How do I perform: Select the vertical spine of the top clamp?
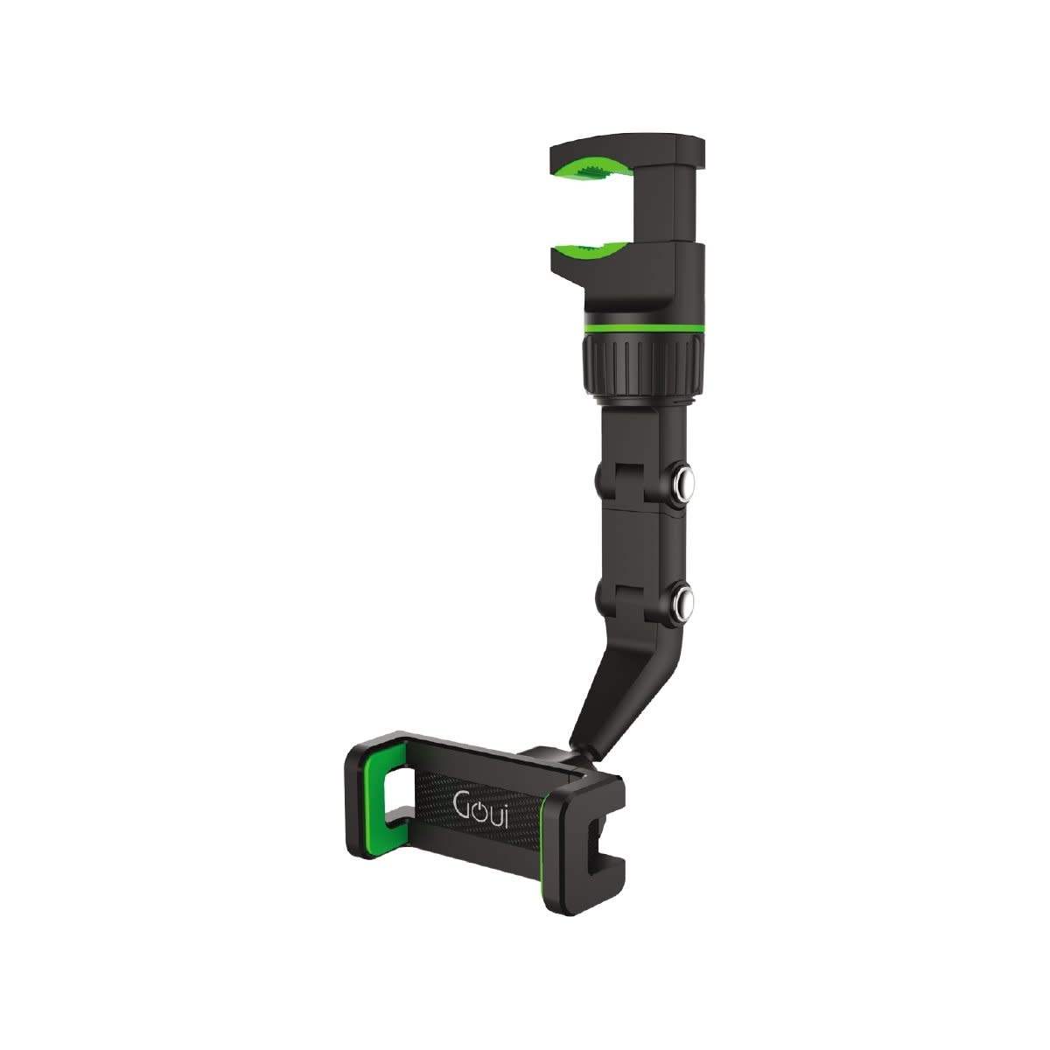point(678,210)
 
